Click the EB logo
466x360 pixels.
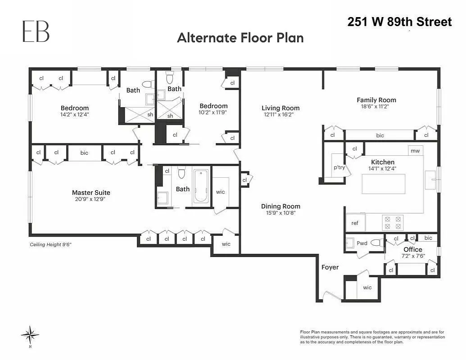36,32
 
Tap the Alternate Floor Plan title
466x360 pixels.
240,38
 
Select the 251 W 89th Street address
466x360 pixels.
399,22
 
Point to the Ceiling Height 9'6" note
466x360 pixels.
51,245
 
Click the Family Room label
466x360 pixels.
376,100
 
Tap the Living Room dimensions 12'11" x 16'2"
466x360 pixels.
281,115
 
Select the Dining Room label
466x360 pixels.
281,207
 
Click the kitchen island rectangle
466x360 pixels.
384,184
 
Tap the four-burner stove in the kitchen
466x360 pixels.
392,223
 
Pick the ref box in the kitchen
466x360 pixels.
355,223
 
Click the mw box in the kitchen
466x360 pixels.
415,151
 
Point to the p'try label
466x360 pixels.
339,167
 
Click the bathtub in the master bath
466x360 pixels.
201,186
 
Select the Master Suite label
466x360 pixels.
91,193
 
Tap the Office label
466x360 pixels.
413,249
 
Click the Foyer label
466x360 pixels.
330,267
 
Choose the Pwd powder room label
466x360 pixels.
362,243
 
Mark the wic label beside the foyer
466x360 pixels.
367,288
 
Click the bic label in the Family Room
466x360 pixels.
380,135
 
